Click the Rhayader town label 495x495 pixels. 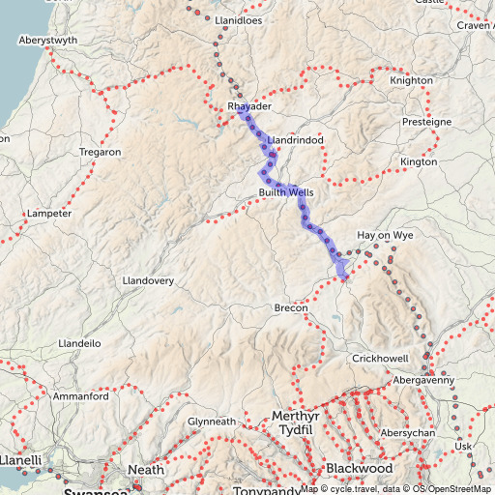248,106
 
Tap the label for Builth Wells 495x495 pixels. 285,193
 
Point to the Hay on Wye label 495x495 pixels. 386,236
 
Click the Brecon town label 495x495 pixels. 290,307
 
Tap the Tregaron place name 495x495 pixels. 101,153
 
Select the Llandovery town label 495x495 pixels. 148,280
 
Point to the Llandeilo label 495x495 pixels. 80,343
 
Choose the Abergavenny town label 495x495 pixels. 423,381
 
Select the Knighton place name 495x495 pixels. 412,81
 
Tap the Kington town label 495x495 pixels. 419,162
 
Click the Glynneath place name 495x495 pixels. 212,422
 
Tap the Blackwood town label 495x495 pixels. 359,468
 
